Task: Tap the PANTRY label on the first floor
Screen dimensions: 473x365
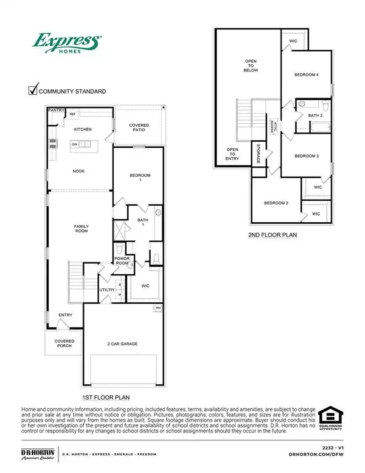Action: [56, 111]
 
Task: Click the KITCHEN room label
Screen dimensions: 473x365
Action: [83, 130]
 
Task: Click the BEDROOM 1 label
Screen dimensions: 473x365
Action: [140, 179]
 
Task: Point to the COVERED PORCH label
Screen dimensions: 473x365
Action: [64, 343]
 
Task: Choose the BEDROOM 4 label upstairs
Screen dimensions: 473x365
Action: [307, 75]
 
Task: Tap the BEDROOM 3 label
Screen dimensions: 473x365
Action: [306, 156]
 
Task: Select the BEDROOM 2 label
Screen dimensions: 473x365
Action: [276, 203]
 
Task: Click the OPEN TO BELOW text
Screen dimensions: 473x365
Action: [250, 66]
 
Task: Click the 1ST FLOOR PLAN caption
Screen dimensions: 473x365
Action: [109, 397]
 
